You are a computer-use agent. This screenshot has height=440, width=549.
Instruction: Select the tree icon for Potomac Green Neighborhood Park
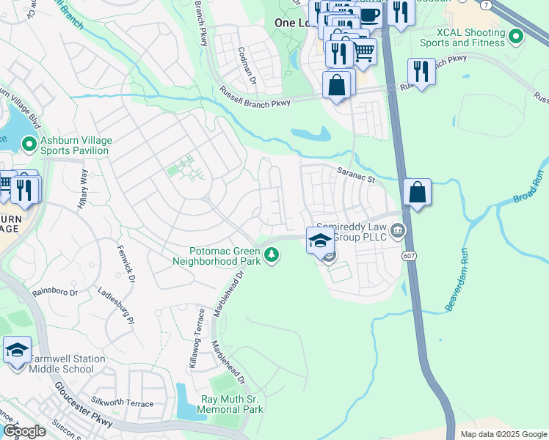[x=272, y=255]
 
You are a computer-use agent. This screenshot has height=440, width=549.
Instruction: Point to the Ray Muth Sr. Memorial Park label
[x=231, y=404]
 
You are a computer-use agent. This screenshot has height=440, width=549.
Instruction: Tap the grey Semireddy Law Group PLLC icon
[x=397, y=232]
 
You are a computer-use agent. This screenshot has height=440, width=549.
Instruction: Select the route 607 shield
[x=410, y=254]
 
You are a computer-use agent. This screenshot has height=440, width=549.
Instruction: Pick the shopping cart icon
[x=363, y=51]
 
